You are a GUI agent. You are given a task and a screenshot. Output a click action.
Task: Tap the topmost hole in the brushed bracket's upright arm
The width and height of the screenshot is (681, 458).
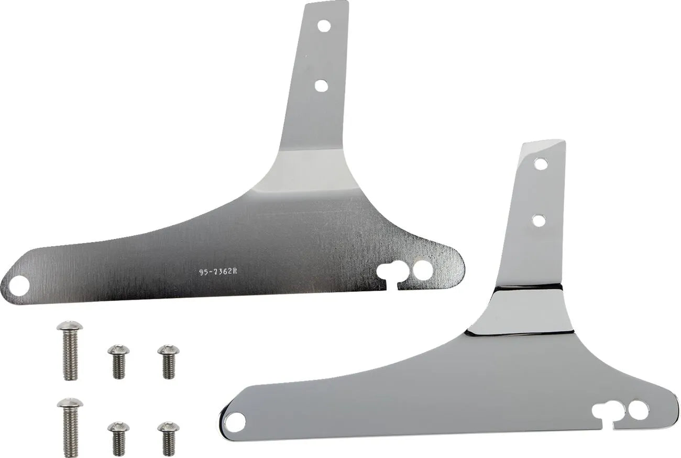[323, 25]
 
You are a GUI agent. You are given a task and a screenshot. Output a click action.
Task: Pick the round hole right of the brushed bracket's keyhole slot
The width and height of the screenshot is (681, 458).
[422, 270]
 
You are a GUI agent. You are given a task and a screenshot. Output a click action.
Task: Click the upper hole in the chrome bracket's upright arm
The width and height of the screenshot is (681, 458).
[541, 164]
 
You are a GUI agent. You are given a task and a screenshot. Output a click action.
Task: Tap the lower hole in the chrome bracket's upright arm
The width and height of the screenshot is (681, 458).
[539, 220]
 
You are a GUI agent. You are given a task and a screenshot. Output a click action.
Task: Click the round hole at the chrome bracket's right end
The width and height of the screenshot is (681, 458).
[638, 410]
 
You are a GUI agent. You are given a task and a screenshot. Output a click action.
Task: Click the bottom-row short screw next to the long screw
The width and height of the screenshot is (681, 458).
[118, 438]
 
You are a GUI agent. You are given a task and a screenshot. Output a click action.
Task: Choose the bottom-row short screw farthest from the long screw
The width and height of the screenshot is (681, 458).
[168, 438]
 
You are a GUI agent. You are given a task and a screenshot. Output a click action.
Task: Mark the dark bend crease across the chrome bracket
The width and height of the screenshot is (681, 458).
[526, 287]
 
